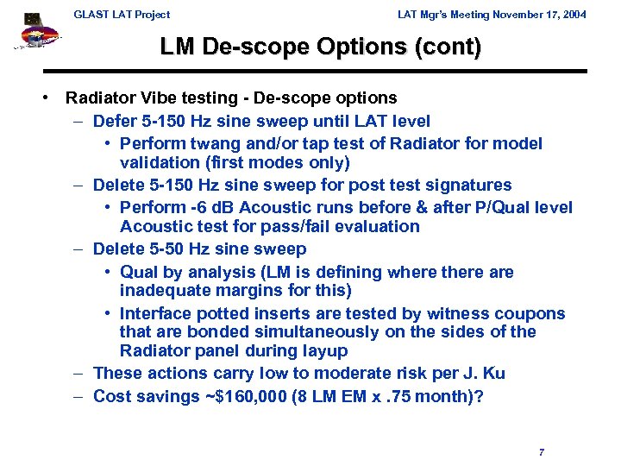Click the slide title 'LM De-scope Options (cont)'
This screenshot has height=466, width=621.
pyautogui.click(x=320, y=47)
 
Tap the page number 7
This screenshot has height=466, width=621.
pyautogui.click(x=541, y=451)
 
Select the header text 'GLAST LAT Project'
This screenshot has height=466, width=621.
pyautogui.click(x=122, y=14)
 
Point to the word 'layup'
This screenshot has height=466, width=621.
pyautogui.click(x=324, y=350)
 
